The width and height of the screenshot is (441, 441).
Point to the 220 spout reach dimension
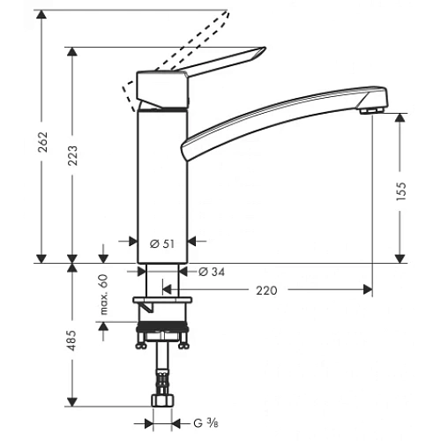tap(268, 288)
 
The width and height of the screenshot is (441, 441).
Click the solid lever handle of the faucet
tap(220, 64)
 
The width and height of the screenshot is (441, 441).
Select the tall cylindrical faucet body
tap(161, 176)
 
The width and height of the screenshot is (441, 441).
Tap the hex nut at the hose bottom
tap(161, 402)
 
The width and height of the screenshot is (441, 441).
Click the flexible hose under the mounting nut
tap(161, 370)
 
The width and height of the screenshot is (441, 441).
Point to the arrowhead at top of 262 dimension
tap(41, 13)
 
